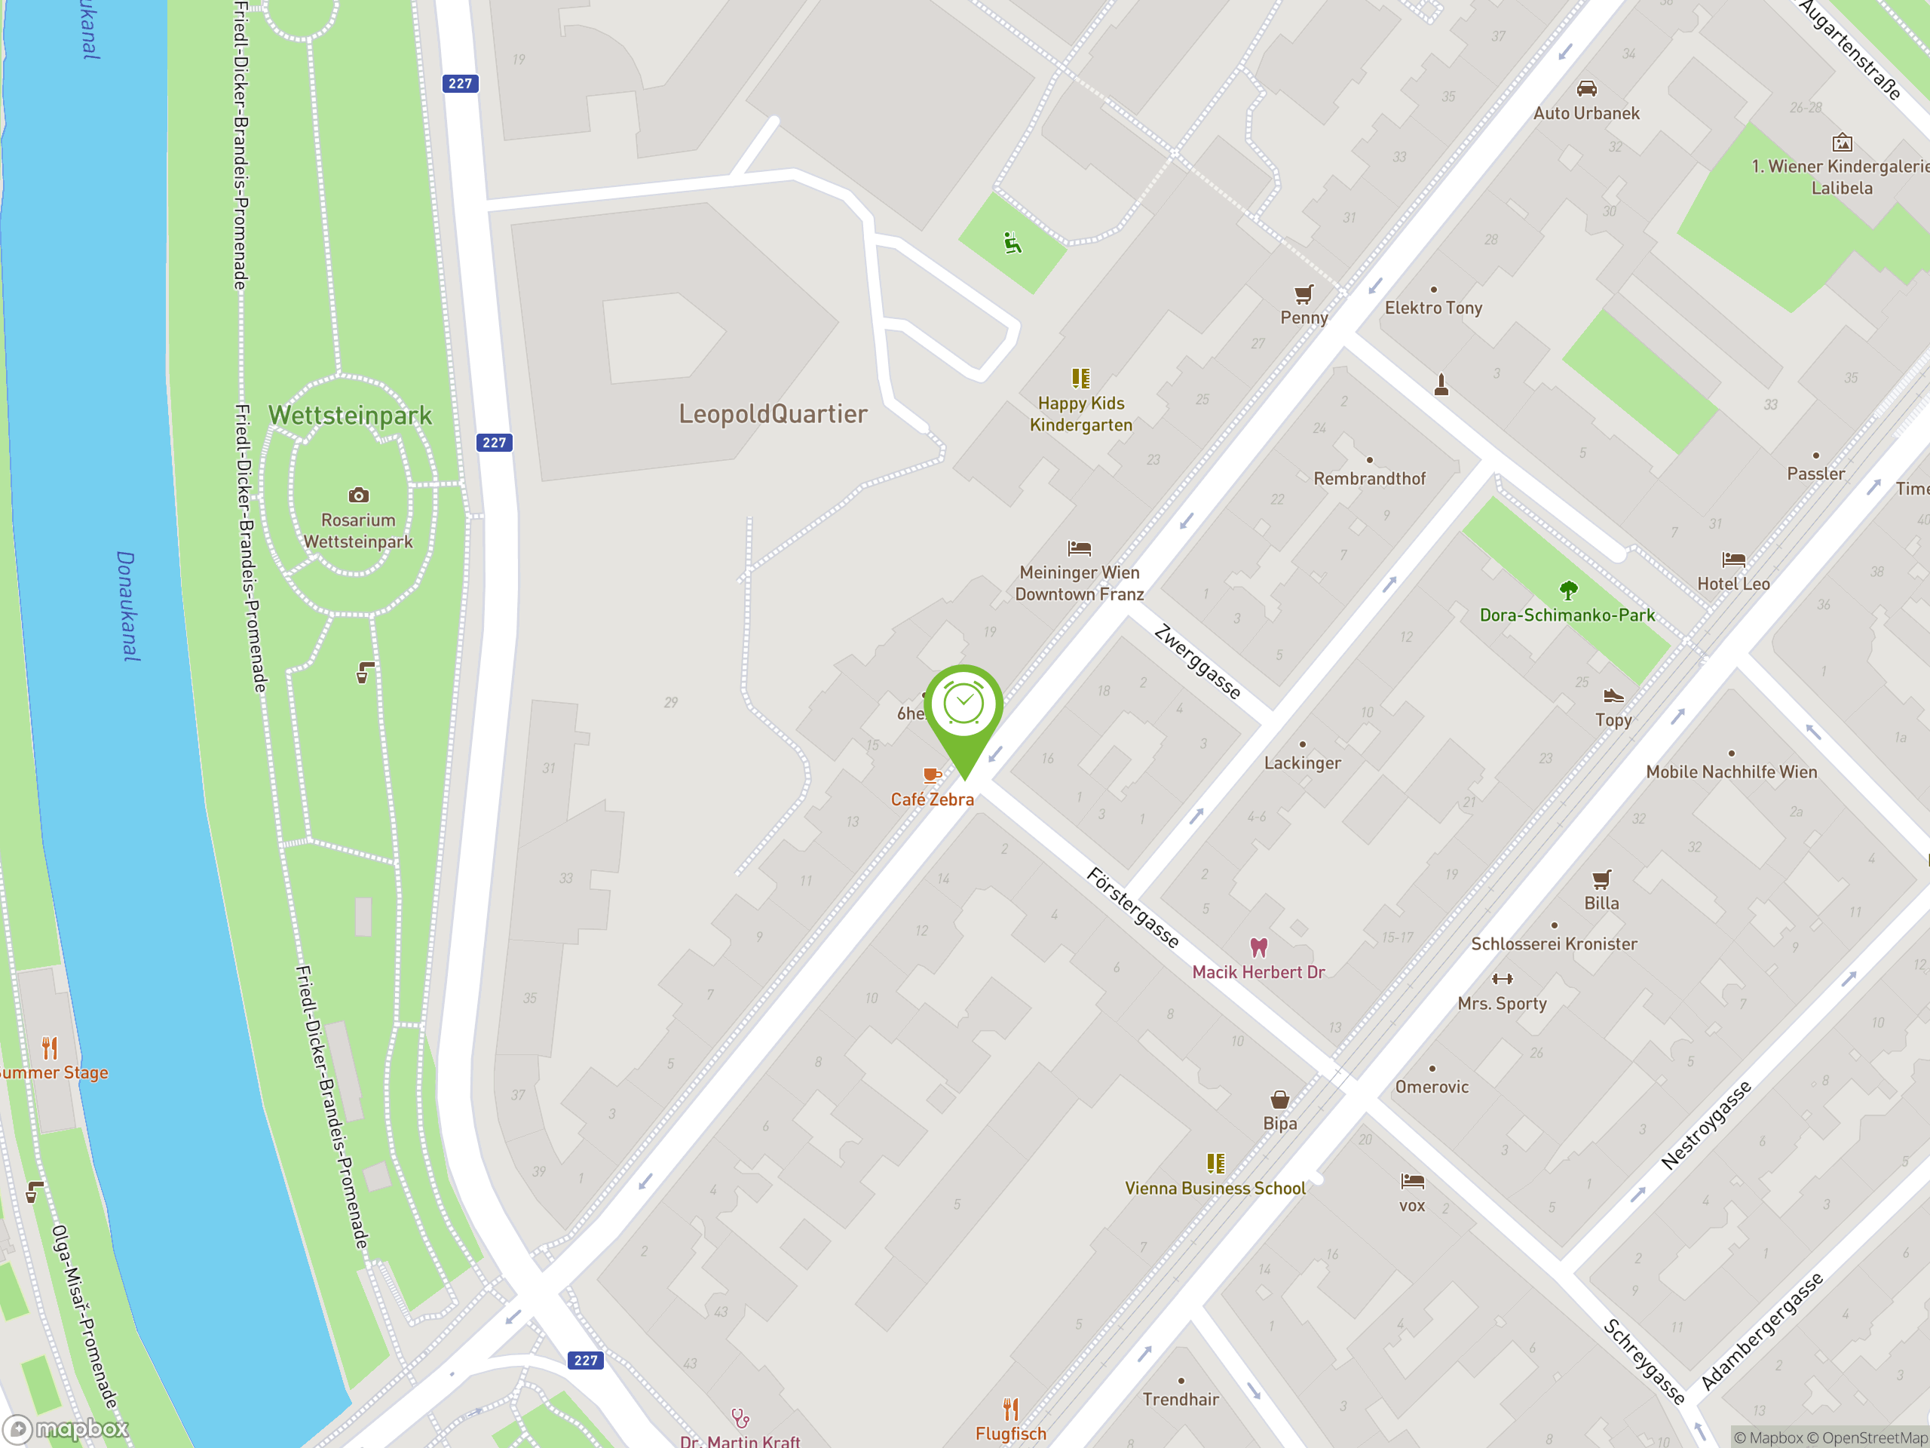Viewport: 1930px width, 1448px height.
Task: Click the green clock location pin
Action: (x=963, y=707)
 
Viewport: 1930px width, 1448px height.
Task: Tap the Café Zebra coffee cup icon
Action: (x=931, y=775)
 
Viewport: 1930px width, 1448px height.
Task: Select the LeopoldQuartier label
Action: (x=773, y=414)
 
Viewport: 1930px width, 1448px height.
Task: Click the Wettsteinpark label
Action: (x=350, y=416)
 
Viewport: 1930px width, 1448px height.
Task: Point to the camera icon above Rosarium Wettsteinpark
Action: (x=359, y=495)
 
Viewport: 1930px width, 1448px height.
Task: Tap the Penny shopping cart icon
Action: (x=1304, y=294)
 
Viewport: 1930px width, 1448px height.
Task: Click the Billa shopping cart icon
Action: (x=1601, y=879)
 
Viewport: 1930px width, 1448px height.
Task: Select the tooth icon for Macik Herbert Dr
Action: (x=1258, y=947)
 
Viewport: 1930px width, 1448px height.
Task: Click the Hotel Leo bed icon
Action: (x=1732, y=560)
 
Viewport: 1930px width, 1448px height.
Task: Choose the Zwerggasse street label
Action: (x=1197, y=661)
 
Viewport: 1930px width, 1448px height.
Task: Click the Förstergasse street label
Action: (x=1132, y=908)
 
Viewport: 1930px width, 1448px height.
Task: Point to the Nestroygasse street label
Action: (x=1706, y=1126)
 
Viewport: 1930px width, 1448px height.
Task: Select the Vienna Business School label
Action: (x=1215, y=1188)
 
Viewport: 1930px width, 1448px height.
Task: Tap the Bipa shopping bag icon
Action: (x=1279, y=1099)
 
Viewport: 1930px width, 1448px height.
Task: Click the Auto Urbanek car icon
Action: (x=1586, y=89)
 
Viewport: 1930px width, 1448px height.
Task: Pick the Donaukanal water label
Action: (x=127, y=606)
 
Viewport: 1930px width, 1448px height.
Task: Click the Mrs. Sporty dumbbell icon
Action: (x=1502, y=978)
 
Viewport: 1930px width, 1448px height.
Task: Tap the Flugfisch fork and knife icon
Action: (x=1010, y=1409)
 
